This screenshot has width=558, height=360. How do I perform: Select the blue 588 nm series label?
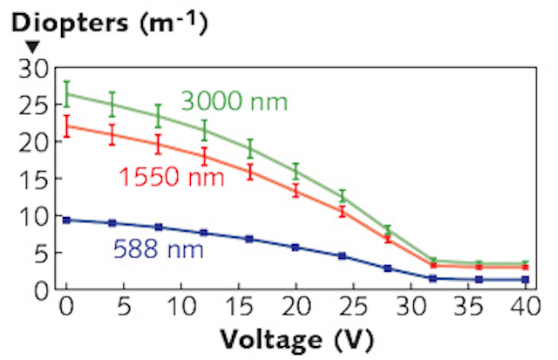158,251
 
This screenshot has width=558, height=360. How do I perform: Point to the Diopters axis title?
110,25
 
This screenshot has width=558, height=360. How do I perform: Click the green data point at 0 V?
66,93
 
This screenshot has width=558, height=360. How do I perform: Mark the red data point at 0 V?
66,126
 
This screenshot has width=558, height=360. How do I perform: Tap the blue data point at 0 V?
66,220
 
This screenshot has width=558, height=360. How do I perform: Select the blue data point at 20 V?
296,248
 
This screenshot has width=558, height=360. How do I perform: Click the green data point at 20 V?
296,171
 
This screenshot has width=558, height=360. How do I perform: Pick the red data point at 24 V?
343,212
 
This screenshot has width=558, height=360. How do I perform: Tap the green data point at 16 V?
250,149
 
